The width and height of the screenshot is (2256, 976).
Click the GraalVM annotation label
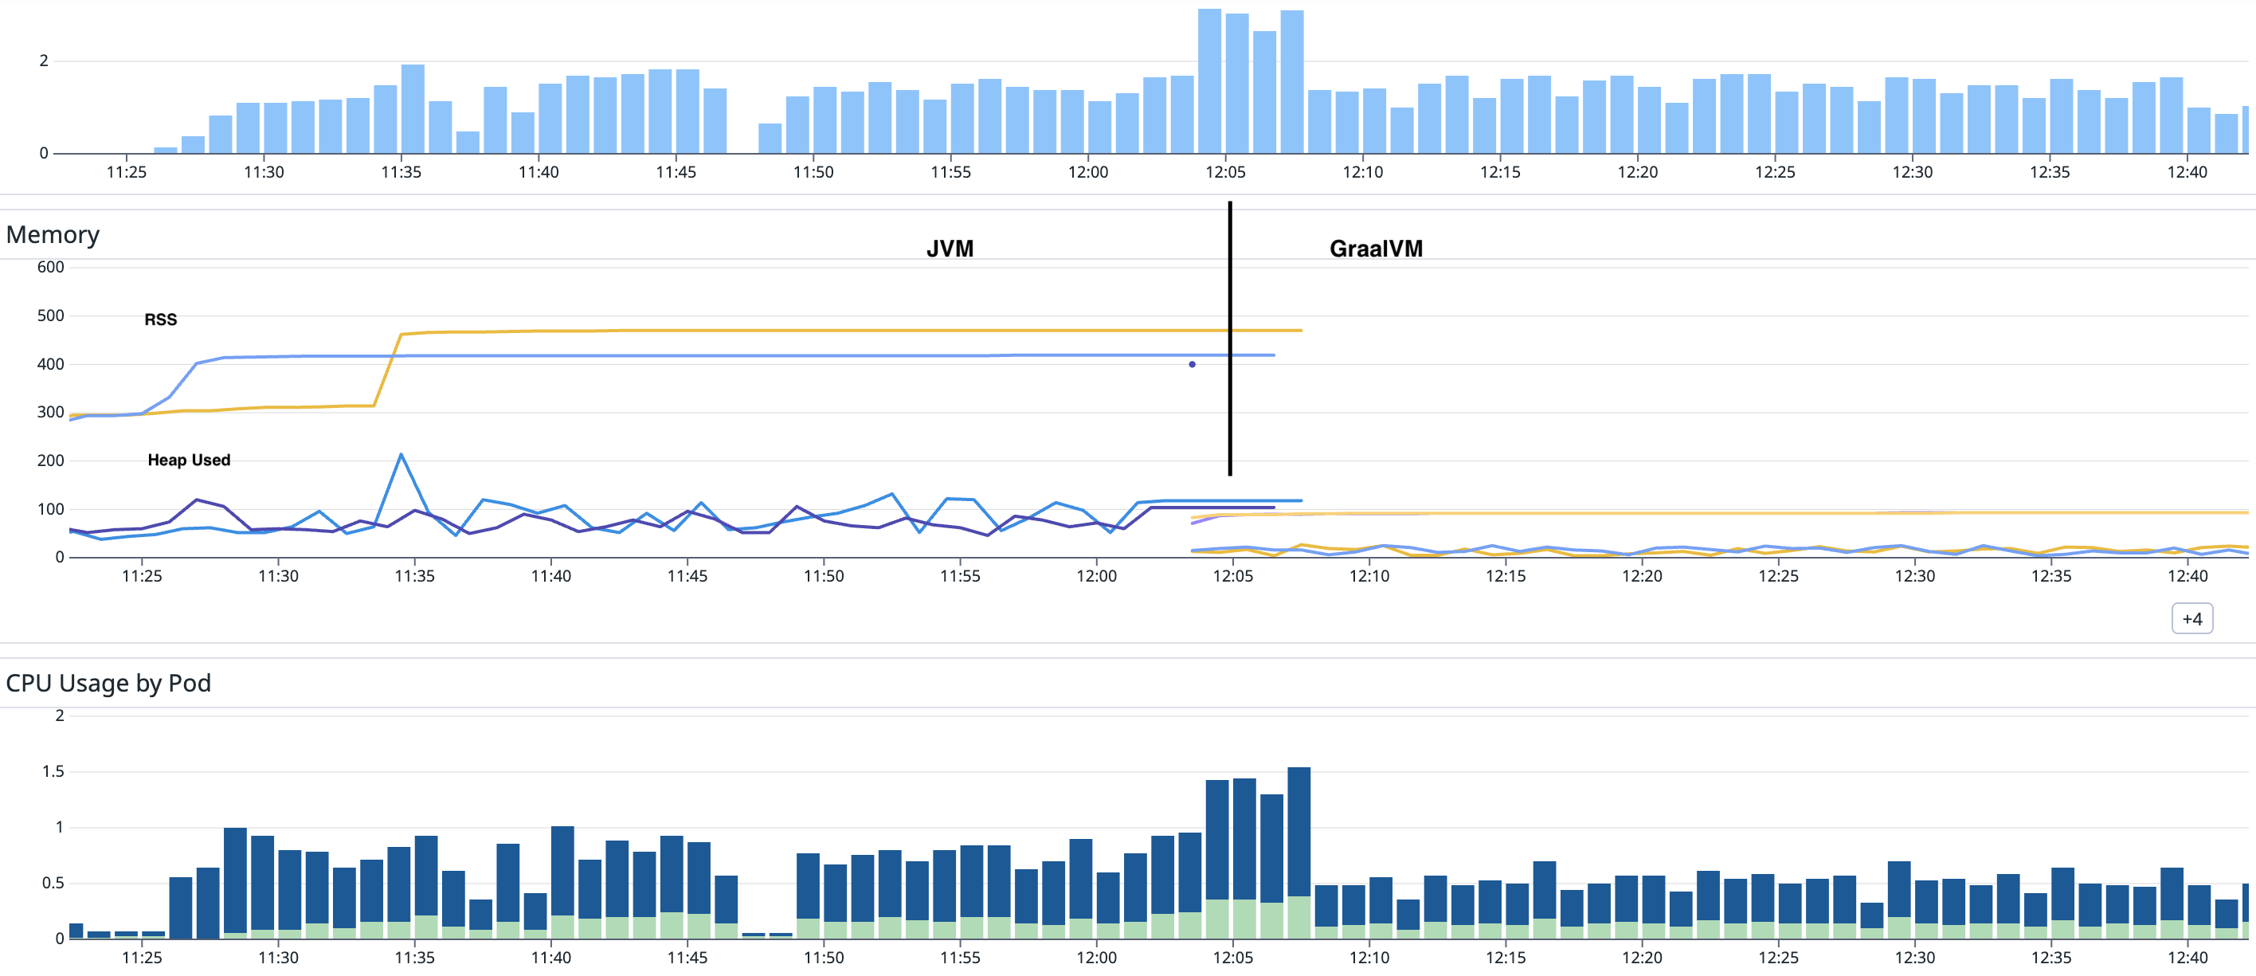(x=1375, y=249)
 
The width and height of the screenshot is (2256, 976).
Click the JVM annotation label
(x=950, y=249)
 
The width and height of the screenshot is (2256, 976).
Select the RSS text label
(x=160, y=319)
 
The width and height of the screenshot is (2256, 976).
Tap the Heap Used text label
(x=188, y=460)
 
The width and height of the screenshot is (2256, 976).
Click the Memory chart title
(x=53, y=235)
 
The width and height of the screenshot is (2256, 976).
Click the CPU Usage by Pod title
(x=108, y=683)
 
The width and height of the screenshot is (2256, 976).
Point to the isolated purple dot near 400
(x=1192, y=364)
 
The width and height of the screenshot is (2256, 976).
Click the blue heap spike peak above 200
(x=401, y=455)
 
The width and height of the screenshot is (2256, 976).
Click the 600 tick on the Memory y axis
(x=50, y=267)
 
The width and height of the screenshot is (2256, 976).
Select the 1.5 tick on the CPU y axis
(x=53, y=771)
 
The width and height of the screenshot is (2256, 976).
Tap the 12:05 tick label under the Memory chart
(x=1232, y=575)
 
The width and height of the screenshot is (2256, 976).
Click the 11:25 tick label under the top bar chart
(x=126, y=172)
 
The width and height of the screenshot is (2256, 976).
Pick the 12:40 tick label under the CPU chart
(x=2187, y=957)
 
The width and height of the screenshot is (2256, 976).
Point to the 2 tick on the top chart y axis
(x=44, y=61)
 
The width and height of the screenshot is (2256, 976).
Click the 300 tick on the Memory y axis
(x=50, y=412)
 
